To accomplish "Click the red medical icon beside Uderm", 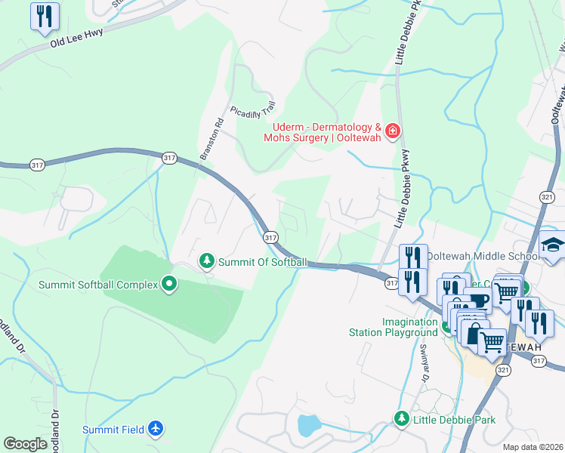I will (392, 132).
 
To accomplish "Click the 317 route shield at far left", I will (37, 164).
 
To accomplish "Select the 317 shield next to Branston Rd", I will (169, 157).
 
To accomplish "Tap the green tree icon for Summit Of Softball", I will (205, 261).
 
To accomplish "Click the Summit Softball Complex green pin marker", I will (169, 284).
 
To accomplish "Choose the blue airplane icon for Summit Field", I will (156, 429).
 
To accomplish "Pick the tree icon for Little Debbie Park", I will (401, 418).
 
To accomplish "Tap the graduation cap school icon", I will (553, 245).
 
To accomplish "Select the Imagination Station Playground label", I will (393, 326).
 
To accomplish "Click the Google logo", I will (26, 443).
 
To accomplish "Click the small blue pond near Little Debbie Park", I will (309, 426).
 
